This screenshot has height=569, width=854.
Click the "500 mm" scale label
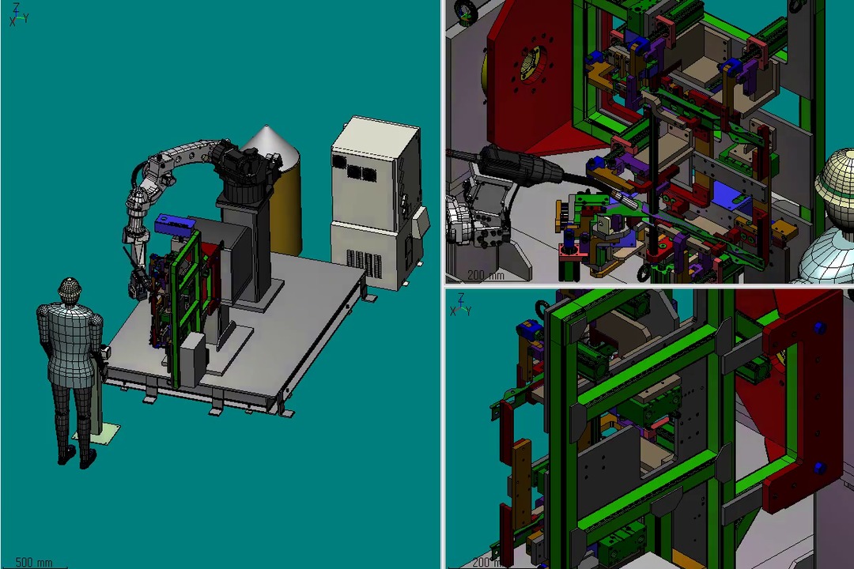[34, 562]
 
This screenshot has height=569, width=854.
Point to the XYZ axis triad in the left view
[18, 15]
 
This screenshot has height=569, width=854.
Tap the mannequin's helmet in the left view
[69, 288]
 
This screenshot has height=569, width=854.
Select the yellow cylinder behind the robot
[286, 207]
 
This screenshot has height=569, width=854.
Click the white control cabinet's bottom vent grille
[365, 262]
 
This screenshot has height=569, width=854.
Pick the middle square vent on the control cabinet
[355, 170]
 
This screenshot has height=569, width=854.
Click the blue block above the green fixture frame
[174, 223]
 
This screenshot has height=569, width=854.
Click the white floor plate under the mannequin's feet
[104, 433]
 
